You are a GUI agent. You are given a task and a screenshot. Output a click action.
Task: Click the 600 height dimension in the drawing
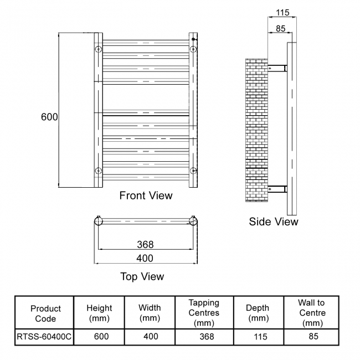(x=49, y=117)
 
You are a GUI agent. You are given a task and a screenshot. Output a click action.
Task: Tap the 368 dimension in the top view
(x=145, y=244)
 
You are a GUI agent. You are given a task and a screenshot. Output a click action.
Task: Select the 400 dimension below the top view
(x=145, y=258)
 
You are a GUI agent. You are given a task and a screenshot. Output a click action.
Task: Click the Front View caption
(x=146, y=196)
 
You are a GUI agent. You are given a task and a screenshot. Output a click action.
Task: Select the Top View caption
(x=142, y=276)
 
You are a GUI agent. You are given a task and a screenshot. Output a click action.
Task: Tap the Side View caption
(x=274, y=222)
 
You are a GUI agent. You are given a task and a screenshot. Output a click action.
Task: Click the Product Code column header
(x=45, y=313)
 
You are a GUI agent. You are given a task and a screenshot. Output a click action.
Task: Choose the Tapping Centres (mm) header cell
(x=204, y=313)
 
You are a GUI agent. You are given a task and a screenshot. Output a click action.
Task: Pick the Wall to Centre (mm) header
(x=311, y=313)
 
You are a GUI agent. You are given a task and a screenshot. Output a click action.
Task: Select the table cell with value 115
(x=258, y=336)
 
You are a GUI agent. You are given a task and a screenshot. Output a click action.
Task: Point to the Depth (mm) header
(x=258, y=313)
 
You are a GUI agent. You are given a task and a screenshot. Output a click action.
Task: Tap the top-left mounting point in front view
(x=98, y=49)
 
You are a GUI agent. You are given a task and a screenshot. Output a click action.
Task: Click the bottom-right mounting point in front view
(x=193, y=170)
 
